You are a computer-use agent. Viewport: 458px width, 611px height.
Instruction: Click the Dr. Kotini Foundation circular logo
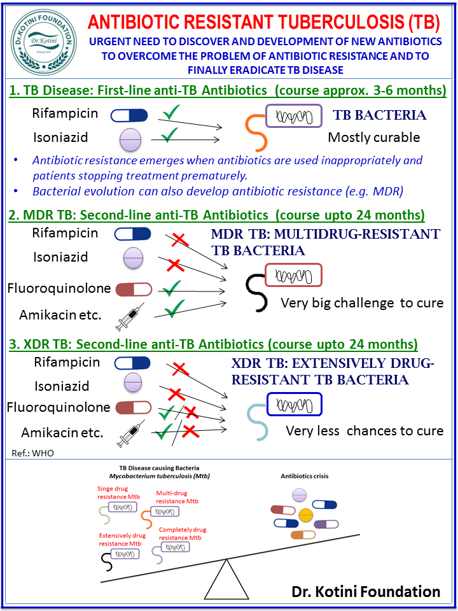43,43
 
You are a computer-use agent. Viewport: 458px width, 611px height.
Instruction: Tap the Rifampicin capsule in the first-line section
129,115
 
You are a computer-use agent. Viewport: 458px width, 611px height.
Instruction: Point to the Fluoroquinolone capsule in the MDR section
134,290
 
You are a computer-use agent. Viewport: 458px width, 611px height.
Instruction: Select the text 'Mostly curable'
374,137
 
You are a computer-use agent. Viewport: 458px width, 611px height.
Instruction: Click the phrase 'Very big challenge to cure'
362,303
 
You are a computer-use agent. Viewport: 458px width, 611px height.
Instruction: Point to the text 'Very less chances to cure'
365,431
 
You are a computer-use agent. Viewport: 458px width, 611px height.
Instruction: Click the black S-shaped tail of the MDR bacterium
257,291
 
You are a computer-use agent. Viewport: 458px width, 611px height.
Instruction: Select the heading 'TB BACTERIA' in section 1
379,116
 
